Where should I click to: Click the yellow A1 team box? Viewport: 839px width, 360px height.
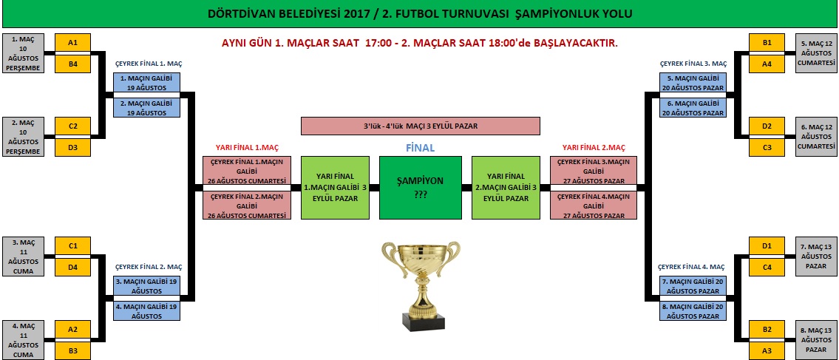[x=72, y=43]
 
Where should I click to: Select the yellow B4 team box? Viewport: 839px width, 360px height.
[x=72, y=64]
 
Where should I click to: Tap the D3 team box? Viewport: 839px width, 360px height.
[x=72, y=148]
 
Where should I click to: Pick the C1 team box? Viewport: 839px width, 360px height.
[x=72, y=246]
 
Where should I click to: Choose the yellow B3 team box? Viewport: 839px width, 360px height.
[x=72, y=351]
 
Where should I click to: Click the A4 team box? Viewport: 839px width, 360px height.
[x=767, y=64]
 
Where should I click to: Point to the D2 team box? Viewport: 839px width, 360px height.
[x=767, y=126]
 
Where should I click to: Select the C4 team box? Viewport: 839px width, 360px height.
[x=767, y=268]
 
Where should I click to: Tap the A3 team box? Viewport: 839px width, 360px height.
[x=767, y=351]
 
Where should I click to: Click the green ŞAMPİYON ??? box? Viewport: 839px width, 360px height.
[x=420, y=188]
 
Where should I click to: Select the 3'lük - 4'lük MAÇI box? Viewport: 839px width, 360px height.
[x=420, y=126]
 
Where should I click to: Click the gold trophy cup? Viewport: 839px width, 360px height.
[x=421, y=285]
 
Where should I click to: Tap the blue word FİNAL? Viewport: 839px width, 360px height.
[x=420, y=148]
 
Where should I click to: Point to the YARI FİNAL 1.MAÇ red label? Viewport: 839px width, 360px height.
[x=247, y=148]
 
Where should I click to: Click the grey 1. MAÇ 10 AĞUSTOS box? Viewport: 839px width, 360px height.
[x=22, y=53]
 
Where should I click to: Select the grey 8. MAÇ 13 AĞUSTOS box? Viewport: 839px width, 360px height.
[x=816, y=340]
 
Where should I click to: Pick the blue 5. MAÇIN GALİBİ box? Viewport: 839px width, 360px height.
[x=693, y=82]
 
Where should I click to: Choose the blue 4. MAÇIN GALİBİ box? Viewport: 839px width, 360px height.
[x=146, y=311]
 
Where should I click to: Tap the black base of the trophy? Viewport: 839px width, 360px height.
[x=424, y=322]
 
